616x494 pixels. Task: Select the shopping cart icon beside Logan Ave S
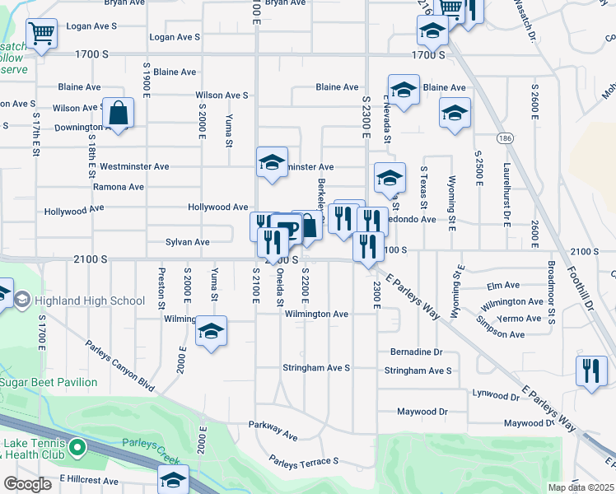[x=41, y=34]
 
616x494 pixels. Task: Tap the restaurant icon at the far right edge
[x=591, y=371]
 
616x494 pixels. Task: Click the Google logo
[x=27, y=484]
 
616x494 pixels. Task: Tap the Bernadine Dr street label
[x=416, y=352]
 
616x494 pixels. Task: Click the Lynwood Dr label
[x=496, y=396]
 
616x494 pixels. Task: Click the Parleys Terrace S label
[x=304, y=461]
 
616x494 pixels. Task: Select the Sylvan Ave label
[x=188, y=242]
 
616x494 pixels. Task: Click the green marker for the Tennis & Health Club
[x=77, y=448]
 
